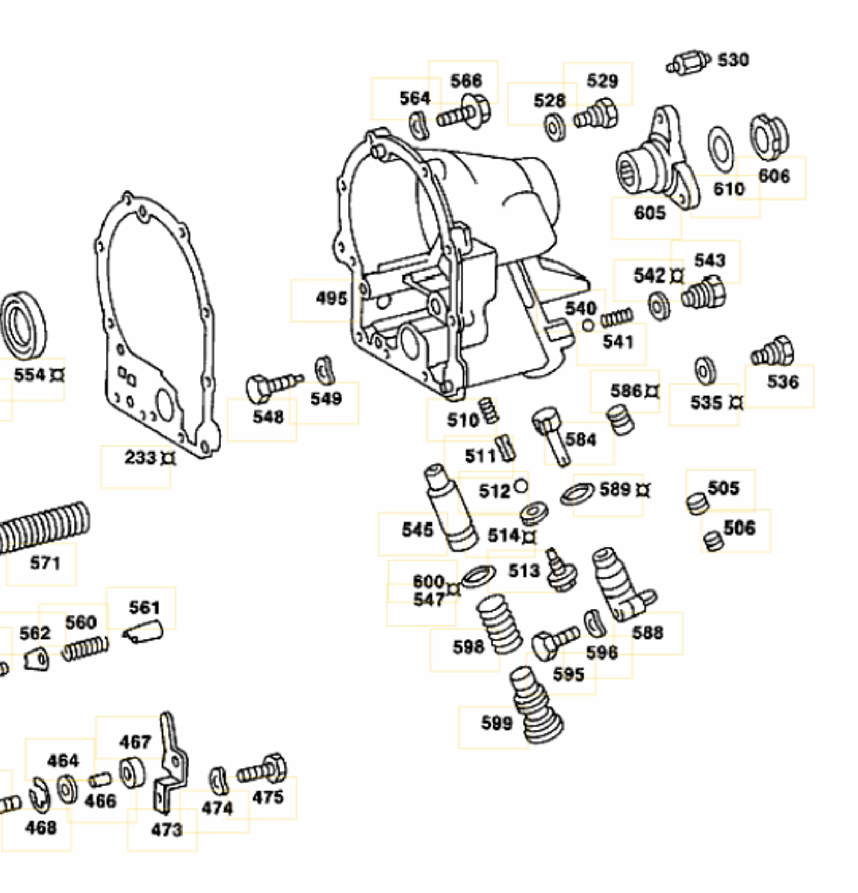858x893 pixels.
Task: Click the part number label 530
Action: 733,60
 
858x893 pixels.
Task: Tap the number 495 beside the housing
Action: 331,299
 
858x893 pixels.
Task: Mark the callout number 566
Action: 466,81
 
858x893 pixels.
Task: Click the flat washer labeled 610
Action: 721,146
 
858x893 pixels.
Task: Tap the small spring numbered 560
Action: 85,648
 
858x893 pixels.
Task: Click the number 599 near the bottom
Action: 497,723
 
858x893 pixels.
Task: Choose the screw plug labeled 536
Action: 774,351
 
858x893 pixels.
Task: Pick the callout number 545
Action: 417,530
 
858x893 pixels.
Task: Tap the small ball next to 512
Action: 521,485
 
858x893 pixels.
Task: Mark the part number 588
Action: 647,632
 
